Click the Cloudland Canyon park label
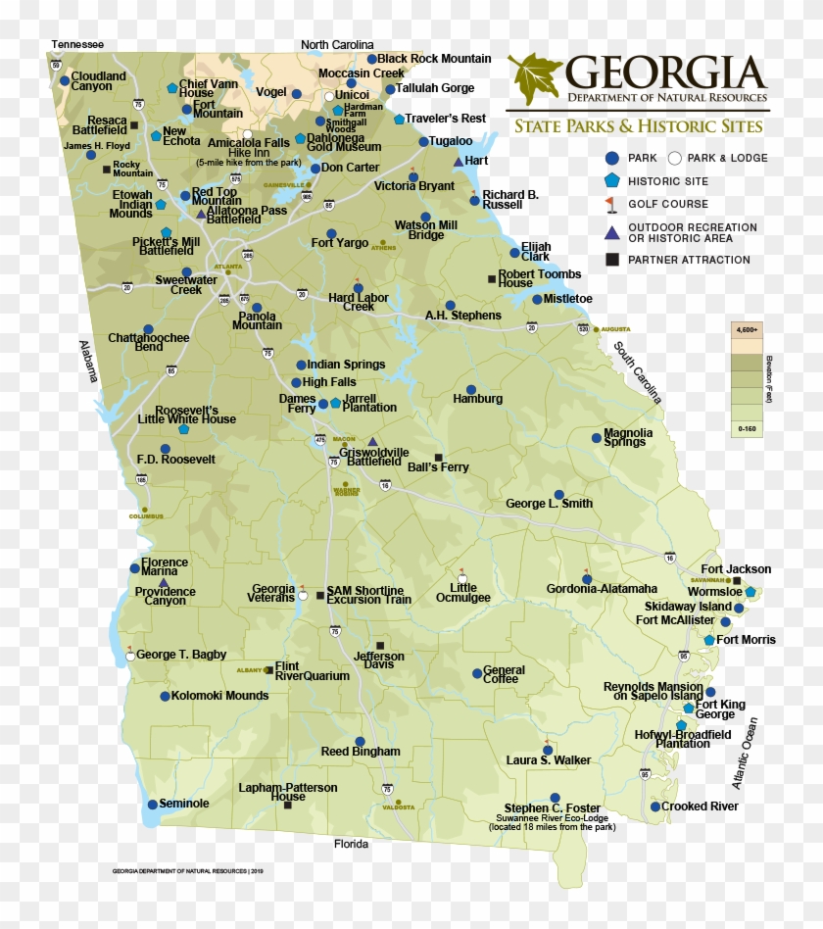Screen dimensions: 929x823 (x=98, y=81)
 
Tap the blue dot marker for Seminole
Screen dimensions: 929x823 (x=153, y=805)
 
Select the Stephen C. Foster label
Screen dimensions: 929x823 (x=553, y=809)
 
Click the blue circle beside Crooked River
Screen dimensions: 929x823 (x=655, y=807)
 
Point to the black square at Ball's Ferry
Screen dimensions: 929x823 (x=438, y=458)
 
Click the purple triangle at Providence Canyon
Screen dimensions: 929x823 (x=164, y=583)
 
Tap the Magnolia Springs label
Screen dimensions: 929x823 (x=628, y=437)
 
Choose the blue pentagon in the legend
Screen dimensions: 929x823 (x=612, y=180)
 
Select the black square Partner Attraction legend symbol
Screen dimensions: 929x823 (x=611, y=260)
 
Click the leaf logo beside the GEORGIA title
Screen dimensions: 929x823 (x=534, y=79)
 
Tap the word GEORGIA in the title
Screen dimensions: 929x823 (x=665, y=73)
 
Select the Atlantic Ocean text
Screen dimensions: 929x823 (x=745, y=753)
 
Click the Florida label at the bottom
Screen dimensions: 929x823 (x=351, y=844)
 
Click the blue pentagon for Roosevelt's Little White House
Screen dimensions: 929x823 (x=183, y=429)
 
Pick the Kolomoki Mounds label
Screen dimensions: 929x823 (x=219, y=697)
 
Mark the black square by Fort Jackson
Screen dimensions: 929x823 (x=737, y=581)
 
